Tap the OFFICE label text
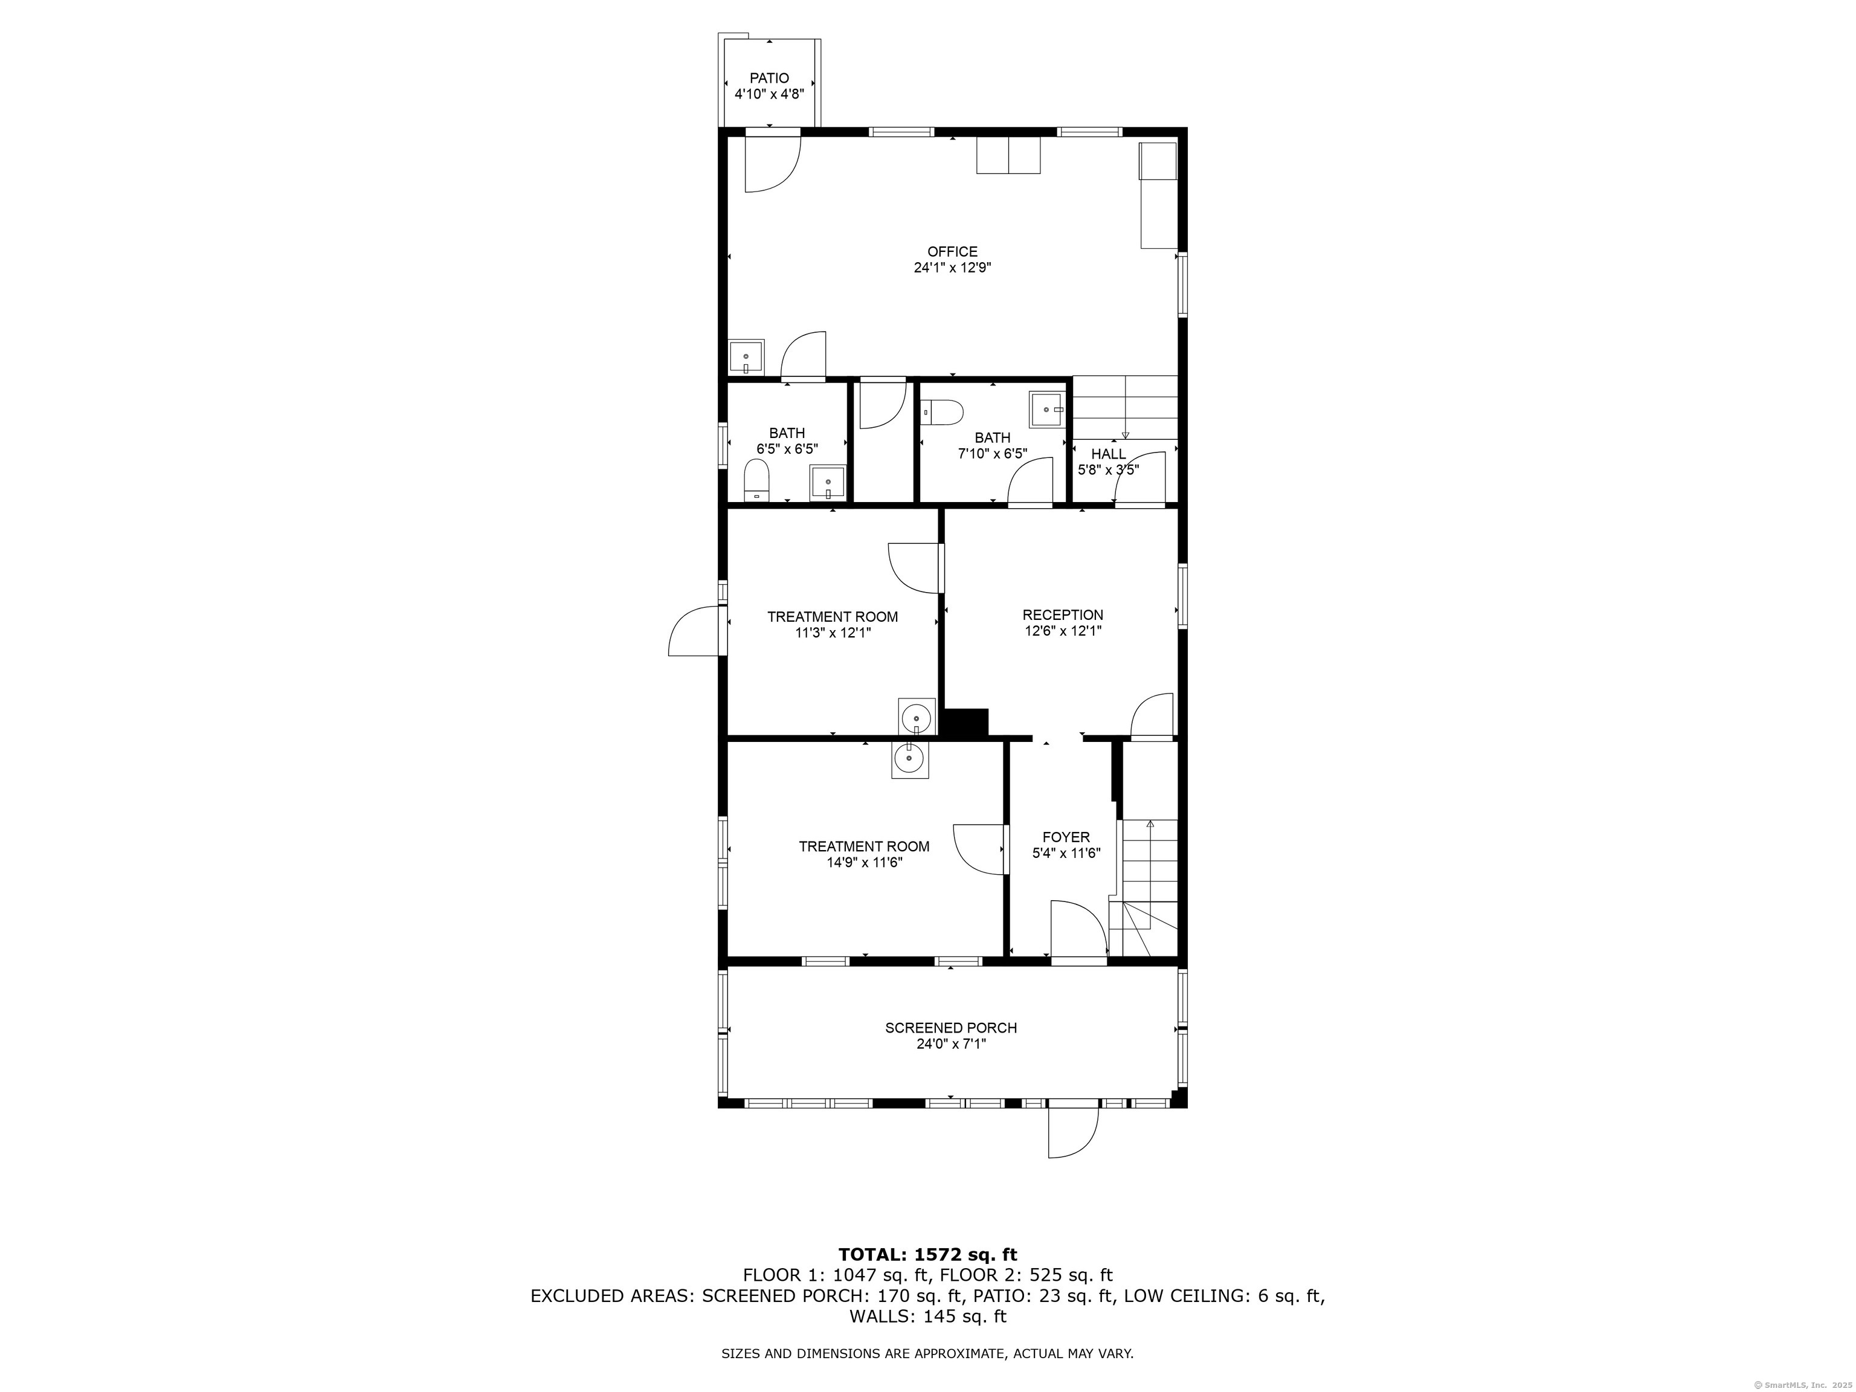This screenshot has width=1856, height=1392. (x=952, y=252)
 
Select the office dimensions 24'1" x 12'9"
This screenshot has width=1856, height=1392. (x=952, y=268)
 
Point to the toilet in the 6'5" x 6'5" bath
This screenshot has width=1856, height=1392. (x=757, y=484)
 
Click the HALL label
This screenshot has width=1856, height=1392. (x=1109, y=454)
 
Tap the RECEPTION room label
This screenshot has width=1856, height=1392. (x=1062, y=615)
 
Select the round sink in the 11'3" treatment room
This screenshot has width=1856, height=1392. (x=917, y=718)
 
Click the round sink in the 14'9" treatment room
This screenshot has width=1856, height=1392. (x=909, y=759)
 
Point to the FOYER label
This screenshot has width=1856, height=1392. (x=1066, y=837)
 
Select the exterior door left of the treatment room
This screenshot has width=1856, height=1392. (x=694, y=631)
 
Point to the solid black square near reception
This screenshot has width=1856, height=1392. (x=967, y=723)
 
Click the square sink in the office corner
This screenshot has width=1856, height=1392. (x=746, y=358)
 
